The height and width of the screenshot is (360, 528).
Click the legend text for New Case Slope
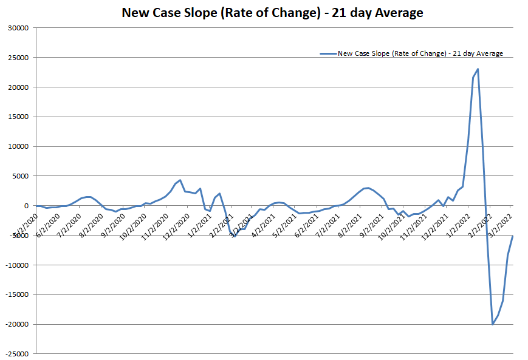point(420,53)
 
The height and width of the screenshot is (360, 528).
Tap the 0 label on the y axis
point(27,206)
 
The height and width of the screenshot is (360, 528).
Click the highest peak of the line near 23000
point(478,69)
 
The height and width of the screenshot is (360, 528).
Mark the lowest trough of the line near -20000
point(493,324)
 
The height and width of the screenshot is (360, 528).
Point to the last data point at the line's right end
point(513,236)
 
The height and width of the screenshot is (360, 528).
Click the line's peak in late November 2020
point(180,180)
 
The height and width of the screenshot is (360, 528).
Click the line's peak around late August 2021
point(368,188)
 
